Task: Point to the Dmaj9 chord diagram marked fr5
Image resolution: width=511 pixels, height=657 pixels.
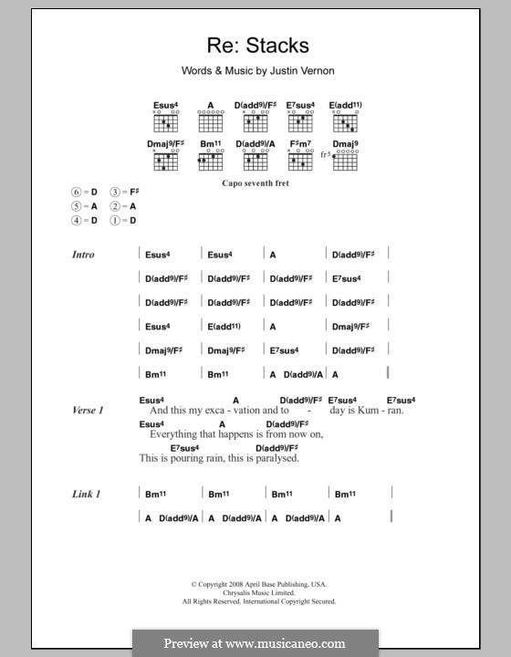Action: click(344, 162)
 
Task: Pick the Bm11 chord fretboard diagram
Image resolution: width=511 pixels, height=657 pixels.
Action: click(210, 162)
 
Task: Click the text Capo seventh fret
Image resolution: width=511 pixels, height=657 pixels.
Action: click(256, 182)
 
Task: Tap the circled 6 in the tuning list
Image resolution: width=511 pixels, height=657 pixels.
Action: click(78, 193)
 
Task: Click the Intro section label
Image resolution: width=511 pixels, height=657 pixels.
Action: click(83, 255)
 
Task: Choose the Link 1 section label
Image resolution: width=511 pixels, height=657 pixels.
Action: click(86, 494)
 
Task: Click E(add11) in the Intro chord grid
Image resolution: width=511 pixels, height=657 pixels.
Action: click(224, 326)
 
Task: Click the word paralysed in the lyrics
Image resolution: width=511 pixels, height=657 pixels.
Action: click(277, 458)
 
